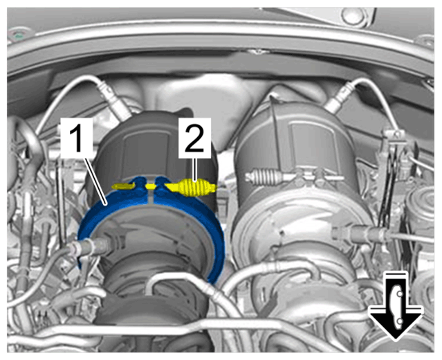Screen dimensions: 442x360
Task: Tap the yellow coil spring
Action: [194, 188]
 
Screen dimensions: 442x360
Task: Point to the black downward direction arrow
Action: [396, 306]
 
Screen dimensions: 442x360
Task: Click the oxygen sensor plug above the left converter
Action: [113, 98]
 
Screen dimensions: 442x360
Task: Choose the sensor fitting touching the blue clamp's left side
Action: [90, 246]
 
